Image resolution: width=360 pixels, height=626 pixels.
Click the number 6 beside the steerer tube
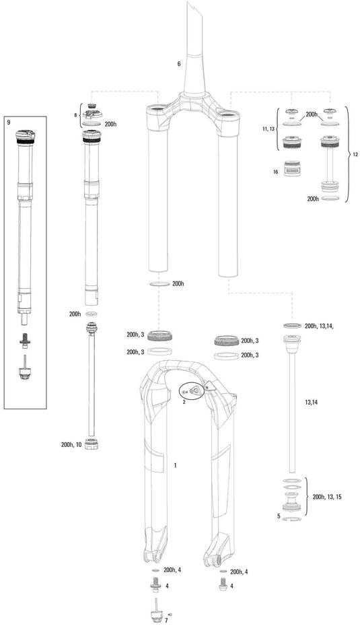179,64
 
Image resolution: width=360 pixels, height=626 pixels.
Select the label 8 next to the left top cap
75,115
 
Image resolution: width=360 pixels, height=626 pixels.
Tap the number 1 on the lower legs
175,465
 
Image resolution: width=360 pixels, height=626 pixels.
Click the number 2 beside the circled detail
183,401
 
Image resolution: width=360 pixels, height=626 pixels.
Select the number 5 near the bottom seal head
279,516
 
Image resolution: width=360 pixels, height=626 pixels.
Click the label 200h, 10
71,445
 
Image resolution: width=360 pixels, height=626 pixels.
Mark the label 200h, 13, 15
328,497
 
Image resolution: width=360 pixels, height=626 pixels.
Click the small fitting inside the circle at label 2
191,391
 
